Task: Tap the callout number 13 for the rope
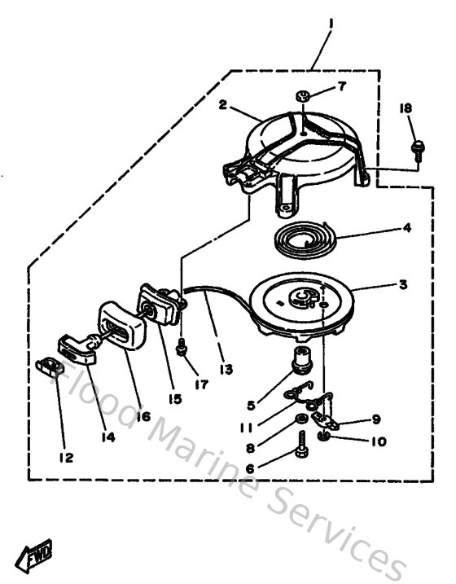tap(226, 369)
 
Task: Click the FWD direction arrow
tap(39, 558)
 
